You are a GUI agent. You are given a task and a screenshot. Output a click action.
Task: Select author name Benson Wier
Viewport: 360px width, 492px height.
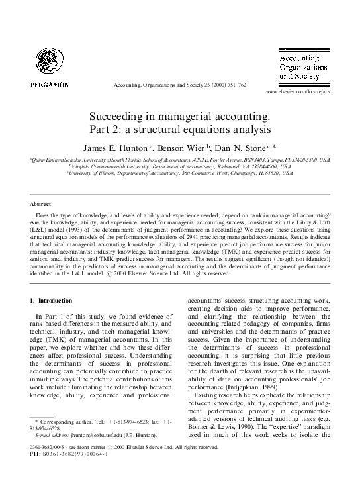[193, 147]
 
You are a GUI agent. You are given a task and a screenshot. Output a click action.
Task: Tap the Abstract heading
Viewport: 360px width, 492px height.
[41, 204]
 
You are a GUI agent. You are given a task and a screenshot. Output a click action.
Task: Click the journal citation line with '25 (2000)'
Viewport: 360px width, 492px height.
[180, 85]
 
